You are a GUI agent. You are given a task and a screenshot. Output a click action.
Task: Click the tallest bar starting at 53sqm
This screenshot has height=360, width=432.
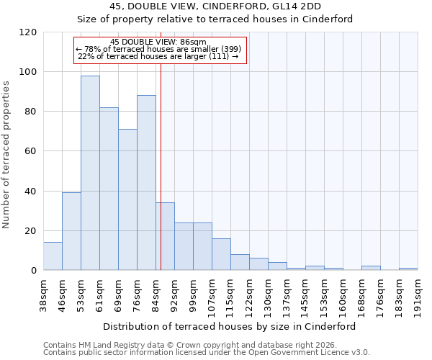(x=90, y=173)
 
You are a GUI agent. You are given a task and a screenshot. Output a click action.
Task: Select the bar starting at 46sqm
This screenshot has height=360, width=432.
(x=71, y=231)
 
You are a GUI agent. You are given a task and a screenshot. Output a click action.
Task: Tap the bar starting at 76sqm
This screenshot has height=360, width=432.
(x=146, y=183)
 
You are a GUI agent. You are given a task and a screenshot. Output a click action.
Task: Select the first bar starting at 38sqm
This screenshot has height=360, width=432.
(x=53, y=256)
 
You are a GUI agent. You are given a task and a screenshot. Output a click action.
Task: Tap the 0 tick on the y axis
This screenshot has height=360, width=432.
(x=33, y=271)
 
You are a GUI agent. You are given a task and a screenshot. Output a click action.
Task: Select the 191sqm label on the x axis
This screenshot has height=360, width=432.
(x=418, y=294)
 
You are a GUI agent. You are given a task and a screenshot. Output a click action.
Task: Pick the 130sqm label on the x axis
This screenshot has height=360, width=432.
(x=268, y=294)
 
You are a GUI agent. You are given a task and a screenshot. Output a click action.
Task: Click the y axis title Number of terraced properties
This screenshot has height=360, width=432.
(x=7, y=155)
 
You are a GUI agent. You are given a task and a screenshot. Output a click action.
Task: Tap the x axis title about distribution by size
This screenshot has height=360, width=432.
(x=230, y=326)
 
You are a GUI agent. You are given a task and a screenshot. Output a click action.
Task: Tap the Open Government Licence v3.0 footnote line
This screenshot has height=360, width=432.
(x=206, y=353)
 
